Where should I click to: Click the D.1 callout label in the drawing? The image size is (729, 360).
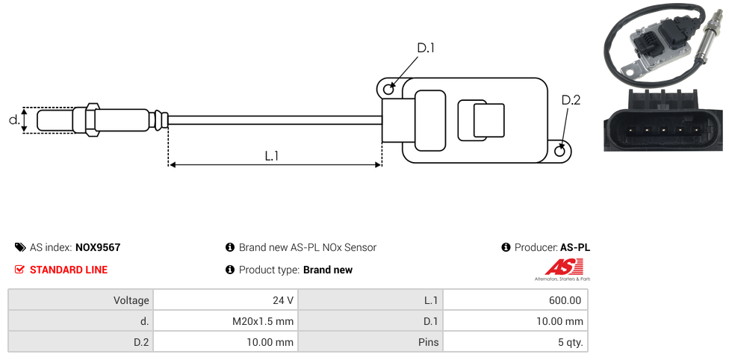coord(425,49)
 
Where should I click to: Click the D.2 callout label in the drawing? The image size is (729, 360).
coord(571,100)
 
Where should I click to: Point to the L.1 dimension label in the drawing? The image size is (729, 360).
coord(272,155)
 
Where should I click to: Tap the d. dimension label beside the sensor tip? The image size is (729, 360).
coord(13,120)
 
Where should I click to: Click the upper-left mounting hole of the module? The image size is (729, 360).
coord(388,90)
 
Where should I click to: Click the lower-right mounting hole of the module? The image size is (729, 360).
coord(560,152)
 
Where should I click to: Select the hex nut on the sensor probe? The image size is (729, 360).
coord(93,120)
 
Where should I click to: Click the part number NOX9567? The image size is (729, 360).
coord(98,247)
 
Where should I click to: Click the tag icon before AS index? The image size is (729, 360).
coord(19,247)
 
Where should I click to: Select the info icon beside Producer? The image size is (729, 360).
coord(506,247)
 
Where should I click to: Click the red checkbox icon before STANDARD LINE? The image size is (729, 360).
coord(19,270)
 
